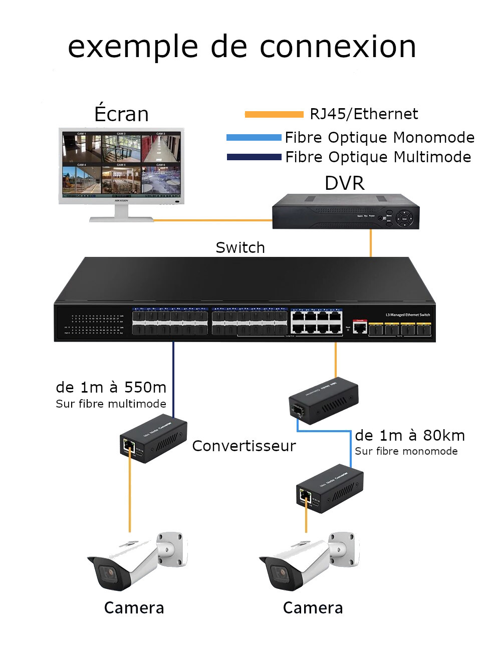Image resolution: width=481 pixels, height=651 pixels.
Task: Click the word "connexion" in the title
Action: [338, 47]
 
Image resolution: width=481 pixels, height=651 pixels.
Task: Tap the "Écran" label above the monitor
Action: [121, 114]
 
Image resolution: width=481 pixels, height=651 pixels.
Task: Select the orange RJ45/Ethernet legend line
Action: [274, 115]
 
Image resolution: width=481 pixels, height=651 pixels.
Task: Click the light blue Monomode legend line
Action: [254, 137]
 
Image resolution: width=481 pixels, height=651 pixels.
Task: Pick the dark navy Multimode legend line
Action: [254, 157]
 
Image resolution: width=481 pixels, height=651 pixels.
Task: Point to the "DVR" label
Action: [344, 183]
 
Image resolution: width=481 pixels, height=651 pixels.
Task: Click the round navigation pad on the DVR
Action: [405, 219]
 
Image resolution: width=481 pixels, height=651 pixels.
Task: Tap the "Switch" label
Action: [240, 247]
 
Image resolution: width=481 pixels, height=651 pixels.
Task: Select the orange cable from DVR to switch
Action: [371, 243]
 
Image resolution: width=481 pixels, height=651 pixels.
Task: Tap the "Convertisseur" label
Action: [244, 446]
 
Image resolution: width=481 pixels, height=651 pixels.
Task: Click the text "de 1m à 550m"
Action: [111, 387]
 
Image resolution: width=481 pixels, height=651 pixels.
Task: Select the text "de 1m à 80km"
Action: [410, 435]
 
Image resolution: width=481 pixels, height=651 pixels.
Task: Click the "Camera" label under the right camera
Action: [313, 607]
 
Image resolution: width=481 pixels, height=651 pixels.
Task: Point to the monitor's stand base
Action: [121, 219]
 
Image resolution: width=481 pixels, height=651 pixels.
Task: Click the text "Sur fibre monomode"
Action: [406, 451]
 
